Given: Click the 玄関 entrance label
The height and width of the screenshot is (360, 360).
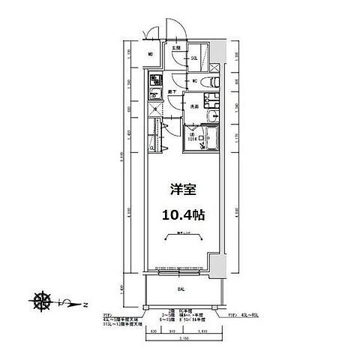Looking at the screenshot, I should pyautogui.click(x=176, y=47).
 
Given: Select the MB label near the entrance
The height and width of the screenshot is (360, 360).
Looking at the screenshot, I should pyautogui.click(x=151, y=55).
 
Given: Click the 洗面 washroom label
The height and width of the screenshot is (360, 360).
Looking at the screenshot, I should pyautogui.click(x=193, y=106).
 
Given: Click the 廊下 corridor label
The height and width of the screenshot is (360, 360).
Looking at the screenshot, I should pyautogui.click(x=172, y=91).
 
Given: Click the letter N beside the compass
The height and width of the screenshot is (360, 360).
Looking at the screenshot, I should pyautogui.click(x=85, y=304).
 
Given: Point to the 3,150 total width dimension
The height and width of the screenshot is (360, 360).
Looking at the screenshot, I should pyautogui.click(x=181, y=339).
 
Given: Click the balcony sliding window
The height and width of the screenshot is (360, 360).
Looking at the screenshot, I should pyautogui.click(x=178, y=268).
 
